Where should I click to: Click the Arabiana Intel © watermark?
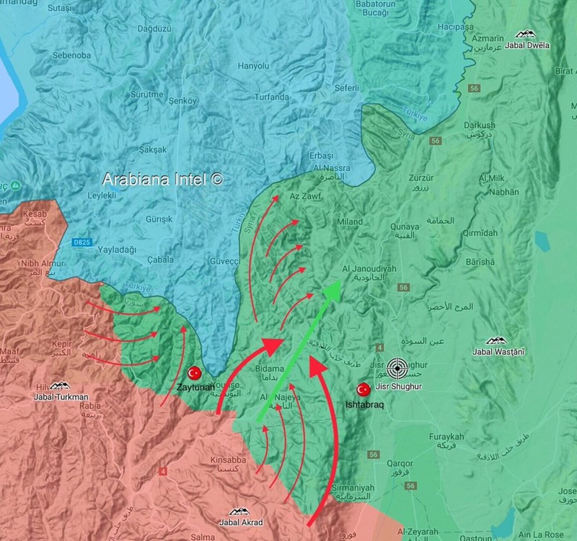[x=162, y=179]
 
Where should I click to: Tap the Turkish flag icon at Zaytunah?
[x=193, y=373]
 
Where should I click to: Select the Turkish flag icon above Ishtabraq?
[x=363, y=390]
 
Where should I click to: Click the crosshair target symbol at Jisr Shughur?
[x=396, y=369]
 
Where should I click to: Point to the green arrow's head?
[x=332, y=289]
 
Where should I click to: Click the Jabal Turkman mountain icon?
[x=61, y=386]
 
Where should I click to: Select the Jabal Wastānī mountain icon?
[x=495, y=340]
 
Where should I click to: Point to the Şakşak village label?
[x=151, y=149]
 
